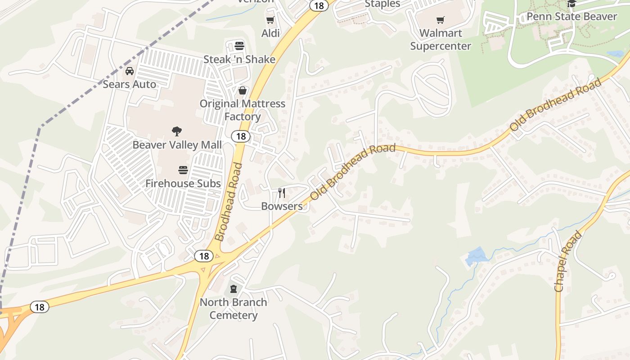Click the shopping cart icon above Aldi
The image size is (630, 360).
coord(270,20)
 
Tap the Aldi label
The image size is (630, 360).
coord(270,33)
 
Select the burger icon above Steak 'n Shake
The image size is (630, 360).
coord(239,46)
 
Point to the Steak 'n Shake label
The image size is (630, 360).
coord(239,59)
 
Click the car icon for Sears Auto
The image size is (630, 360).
coord(130,71)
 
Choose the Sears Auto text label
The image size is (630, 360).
coord(130,84)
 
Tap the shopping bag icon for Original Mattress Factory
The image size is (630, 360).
coord(243,90)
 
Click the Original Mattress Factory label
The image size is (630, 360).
coord(243,110)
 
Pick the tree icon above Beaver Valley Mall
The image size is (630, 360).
coord(177,131)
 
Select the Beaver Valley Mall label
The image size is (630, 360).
coord(177,145)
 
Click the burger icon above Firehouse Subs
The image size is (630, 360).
coord(183,170)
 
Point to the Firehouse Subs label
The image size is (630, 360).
coord(183,184)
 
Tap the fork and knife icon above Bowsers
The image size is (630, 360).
coord(282,193)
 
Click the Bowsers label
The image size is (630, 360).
coord(282,206)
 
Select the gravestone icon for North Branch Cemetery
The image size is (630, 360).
coord(234,288)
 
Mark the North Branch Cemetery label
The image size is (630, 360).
coord(234,308)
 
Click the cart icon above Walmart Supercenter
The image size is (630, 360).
coord(440,20)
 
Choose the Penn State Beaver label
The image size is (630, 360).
coord(571,17)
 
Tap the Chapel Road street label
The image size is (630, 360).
coord(568,261)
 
